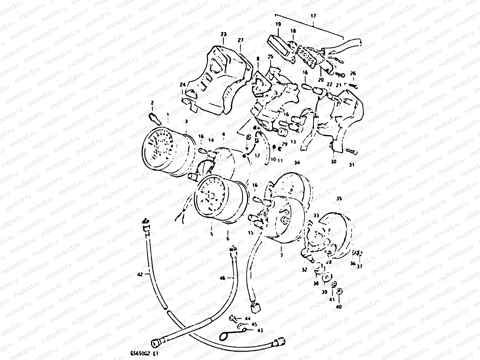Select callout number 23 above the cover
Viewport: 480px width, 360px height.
pos(223,34)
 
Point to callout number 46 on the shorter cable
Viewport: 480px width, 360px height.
pos(222,278)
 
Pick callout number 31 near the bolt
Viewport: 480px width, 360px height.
pos(352,165)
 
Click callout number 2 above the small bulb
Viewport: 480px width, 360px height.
pos(152,103)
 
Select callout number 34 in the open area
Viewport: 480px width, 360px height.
pos(297,163)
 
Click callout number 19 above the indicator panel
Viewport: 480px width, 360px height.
pos(278,24)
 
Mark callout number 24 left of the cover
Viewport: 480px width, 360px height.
pos(182,85)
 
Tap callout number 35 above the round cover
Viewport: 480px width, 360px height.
pos(339,199)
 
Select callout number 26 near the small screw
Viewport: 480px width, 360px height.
pos(353,73)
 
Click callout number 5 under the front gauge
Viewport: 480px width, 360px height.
pos(211,234)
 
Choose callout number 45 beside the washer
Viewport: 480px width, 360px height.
pos(254,324)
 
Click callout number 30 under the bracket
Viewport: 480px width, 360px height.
pos(334,161)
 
